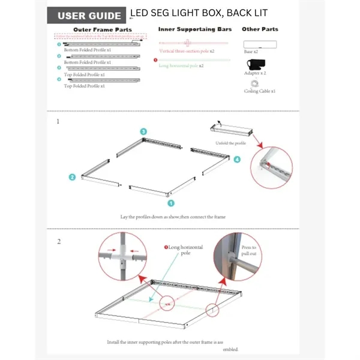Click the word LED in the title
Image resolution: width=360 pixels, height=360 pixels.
pos(140,13)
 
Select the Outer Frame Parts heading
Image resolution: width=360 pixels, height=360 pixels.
pos(102,29)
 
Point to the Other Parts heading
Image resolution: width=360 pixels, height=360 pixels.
pos(260,29)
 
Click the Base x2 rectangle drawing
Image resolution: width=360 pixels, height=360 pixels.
pos(260,44)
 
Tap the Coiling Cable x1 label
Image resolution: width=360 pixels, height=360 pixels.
pos(260,91)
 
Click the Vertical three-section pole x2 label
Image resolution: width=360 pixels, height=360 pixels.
pos(187,52)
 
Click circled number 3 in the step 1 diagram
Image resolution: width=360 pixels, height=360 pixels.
pos(143,131)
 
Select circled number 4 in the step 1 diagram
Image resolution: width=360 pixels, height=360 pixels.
pos(236,160)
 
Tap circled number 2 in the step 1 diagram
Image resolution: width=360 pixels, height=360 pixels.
pos(72,177)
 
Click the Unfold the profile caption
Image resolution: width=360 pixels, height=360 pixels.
pos(232,143)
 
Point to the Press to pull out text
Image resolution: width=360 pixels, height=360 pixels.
pos(249,250)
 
